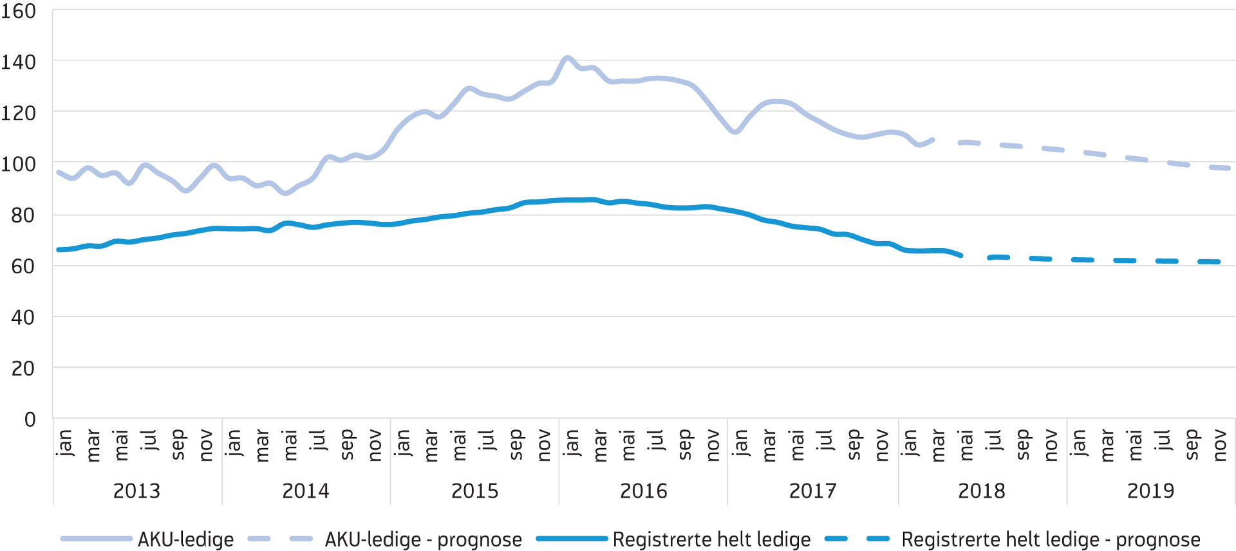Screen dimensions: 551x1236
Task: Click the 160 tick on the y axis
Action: coord(19,11)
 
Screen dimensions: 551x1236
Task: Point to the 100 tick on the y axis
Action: coord(19,164)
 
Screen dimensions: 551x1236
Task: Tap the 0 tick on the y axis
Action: coord(30,419)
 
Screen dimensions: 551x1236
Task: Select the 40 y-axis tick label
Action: coord(23,317)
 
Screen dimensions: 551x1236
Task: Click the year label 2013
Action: coord(136,491)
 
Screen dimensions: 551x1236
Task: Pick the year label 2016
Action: coord(644,491)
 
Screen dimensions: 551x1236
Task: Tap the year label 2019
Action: coord(1150,491)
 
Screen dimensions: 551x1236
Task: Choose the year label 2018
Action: coord(982,491)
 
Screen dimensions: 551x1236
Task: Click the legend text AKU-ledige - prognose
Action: coord(423,539)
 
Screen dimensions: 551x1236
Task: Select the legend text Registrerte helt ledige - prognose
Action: coord(1051,539)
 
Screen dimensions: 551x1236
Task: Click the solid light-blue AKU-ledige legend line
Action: coord(96,539)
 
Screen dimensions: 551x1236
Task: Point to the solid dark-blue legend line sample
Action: coord(572,539)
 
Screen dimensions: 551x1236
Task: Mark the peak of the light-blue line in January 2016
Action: coord(567,58)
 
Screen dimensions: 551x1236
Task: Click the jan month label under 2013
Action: coord(64,443)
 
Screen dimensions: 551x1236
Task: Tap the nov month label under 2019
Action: coord(1220,446)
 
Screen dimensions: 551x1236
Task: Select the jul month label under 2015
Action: coord(487,440)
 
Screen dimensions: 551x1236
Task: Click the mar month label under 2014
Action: coord(261,446)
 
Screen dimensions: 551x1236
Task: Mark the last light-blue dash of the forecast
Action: coord(1220,168)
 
